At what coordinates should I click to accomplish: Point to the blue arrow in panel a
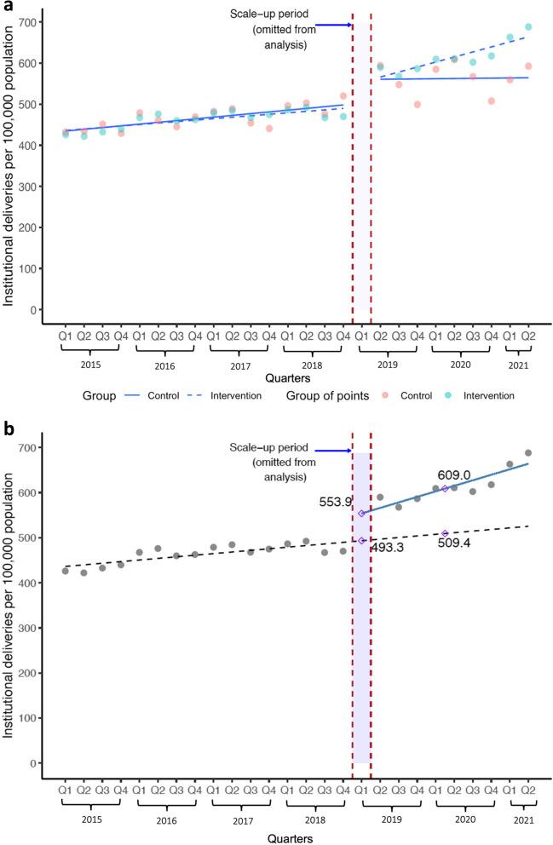click(x=333, y=25)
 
